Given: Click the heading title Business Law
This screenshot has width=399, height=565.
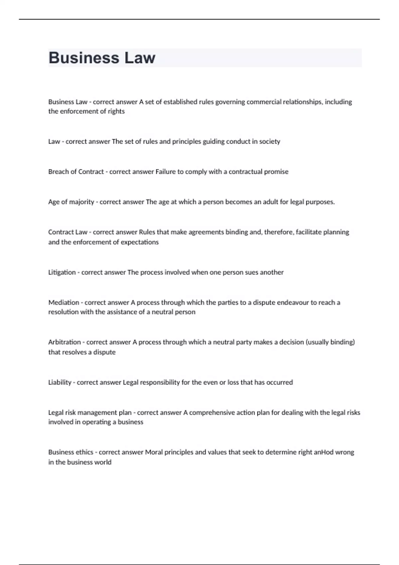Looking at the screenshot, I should pyautogui.click(x=102, y=58).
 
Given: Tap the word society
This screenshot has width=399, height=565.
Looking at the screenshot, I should pyautogui.click(x=270, y=142).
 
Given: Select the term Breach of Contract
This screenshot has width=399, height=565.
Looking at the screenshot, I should pyautogui.click(x=76, y=172).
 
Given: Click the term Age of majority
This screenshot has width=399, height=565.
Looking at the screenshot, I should pyautogui.click(x=71, y=202).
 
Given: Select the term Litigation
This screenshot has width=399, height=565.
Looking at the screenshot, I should pyautogui.click(x=62, y=273).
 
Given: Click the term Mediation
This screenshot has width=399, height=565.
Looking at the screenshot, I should pyautogui.click(x=64, y=302).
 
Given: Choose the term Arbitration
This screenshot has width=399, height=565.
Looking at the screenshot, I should pyautogui.click(x=65, y=342).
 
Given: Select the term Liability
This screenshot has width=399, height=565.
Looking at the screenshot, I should pyautogui.click(x=60, y=382).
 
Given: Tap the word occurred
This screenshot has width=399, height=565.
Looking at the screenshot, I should pyautogui.click(x=279, y=382).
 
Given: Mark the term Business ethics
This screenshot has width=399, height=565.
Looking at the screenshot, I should pyautogui.click(x=70, y=452).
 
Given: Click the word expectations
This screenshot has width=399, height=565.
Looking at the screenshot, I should pyautogui.click(x=140, y=242).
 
